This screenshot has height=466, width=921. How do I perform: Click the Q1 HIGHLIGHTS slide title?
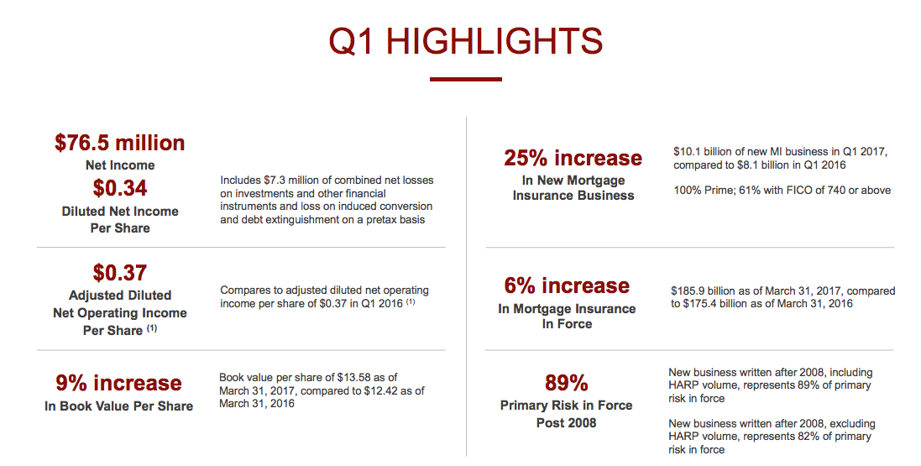[465, 41]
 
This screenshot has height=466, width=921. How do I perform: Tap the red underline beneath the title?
[465, 80]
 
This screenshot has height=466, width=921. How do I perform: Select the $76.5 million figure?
[120, 143]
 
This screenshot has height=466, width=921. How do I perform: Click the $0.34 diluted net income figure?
[120, 187]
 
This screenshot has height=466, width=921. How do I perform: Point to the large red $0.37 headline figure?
[120, 272]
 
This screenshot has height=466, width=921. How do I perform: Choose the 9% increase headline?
[118, 383]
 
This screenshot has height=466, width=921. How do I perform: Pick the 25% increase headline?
[573, 158]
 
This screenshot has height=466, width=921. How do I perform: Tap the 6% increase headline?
[567, 285]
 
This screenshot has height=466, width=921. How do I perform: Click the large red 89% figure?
[566, 383]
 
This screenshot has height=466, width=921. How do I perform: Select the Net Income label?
[120, 165]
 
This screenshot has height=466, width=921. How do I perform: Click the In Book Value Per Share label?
[118, 406]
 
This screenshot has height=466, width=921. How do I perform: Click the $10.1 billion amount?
[701, 152]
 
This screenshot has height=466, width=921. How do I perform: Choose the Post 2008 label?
[566, 423]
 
